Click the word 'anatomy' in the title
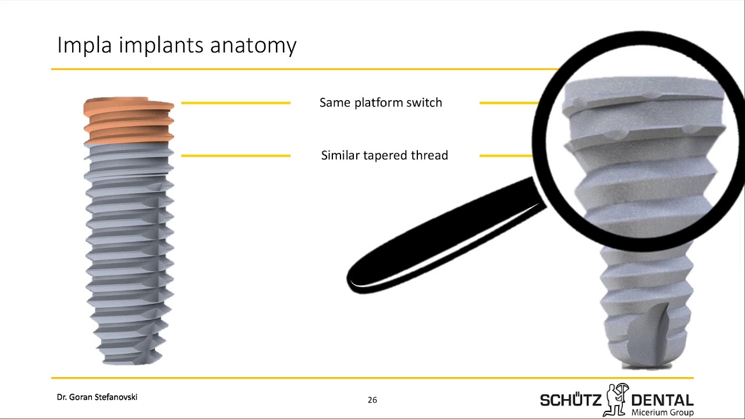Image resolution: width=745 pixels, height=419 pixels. click(253, 46)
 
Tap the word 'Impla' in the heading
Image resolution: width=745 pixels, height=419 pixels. click(84, 45)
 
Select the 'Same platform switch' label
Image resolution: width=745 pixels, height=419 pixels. click(381, 103)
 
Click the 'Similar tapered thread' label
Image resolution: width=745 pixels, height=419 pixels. click(385, 155)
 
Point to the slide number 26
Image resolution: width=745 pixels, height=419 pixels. click(372, 400)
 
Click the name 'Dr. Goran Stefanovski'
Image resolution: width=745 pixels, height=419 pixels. click(97, 397)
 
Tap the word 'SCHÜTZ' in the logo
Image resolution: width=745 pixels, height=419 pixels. click(571, 400)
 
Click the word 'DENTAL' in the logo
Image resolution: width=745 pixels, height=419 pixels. click(662, 400)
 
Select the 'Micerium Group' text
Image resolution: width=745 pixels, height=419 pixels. click(662, 413)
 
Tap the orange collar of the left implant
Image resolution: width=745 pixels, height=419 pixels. click(129, 120)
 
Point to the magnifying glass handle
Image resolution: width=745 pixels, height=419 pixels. click(446, 236)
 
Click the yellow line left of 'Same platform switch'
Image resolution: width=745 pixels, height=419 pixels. click(236, 103)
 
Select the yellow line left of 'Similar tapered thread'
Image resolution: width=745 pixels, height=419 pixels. click(236, 155)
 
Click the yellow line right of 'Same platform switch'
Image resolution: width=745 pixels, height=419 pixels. click(509, 103)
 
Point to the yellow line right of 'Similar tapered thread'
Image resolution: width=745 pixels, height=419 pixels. click(506, 155)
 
